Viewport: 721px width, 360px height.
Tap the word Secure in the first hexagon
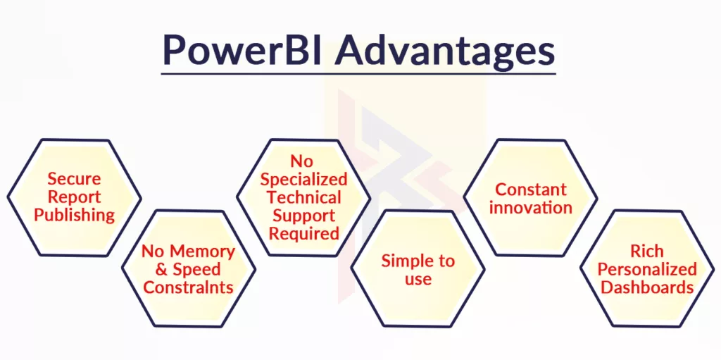[x=74, y=179]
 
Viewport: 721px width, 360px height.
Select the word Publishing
[x=74, y=215]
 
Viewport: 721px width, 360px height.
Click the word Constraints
[x=188, y=287]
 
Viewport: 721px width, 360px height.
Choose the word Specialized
[x=304, y=180]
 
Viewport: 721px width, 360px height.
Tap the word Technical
[x=304, y=197]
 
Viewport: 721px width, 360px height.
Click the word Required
[x=304, y=233]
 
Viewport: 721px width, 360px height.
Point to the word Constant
[x=531, y=190]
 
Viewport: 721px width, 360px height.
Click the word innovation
[x=531, y=207]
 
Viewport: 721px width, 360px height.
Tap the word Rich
[x=647, y=252]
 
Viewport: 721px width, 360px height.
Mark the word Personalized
[x=647, y=269]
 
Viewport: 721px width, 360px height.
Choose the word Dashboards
[x=647, y=287]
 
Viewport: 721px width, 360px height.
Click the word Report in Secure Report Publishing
[x=74, y=197]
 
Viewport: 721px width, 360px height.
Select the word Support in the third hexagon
[x=304, y=216]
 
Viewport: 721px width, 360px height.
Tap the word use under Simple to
[x=418, y=279]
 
